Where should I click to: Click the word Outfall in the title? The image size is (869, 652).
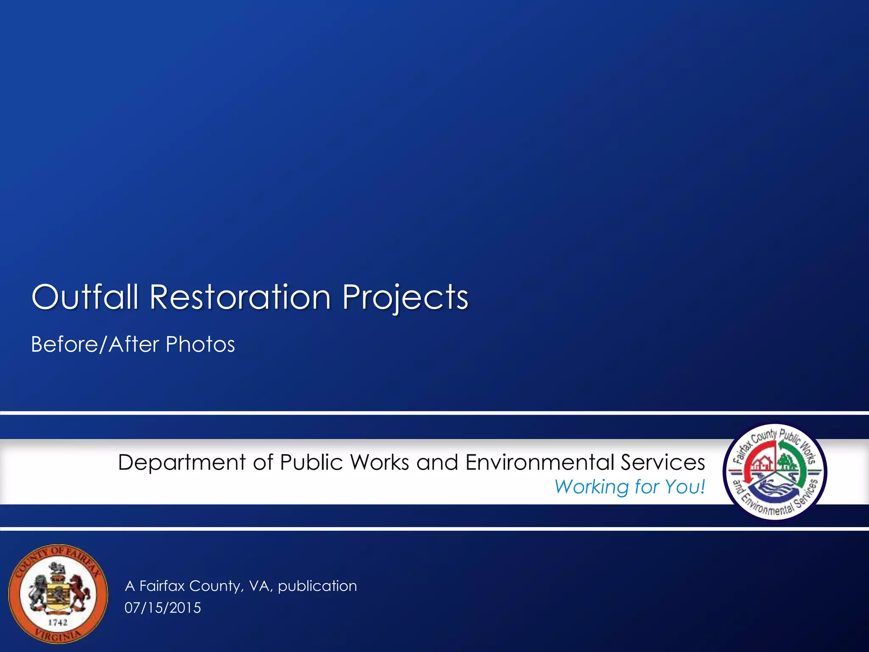click(85, 297)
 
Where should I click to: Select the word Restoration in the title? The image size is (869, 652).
click(240, 297)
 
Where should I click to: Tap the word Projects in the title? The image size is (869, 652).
click(405, 297)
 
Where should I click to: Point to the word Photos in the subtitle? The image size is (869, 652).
click(200, 344)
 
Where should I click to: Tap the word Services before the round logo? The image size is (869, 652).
click(662, 462)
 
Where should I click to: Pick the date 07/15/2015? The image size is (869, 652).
click(163, 608)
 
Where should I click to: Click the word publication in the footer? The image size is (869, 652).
click(317, 586)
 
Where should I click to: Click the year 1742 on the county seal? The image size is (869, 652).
click(57, 622)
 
